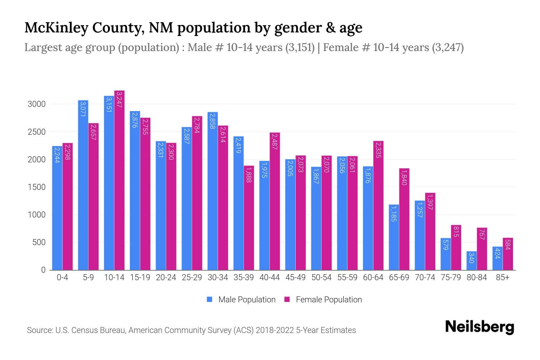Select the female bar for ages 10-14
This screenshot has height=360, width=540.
[119, 180]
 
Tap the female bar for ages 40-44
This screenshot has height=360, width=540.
[275, 201]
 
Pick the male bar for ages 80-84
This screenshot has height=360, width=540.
[472, 261]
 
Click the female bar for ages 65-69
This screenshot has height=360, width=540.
[404, 219]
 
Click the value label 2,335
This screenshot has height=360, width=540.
[379, 150]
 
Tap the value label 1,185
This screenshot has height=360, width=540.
[394, 214]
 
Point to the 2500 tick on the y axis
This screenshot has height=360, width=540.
[37, 132]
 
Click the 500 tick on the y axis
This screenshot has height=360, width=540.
[39, 242]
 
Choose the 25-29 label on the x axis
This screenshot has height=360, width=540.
[192, 277]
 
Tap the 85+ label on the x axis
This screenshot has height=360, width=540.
[502, 277]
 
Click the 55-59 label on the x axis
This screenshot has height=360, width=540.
[347, 277]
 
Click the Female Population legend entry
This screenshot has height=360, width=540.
[323, 300]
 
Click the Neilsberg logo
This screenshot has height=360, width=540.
[479, 327]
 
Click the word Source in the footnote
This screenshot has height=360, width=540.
[39, 330]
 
